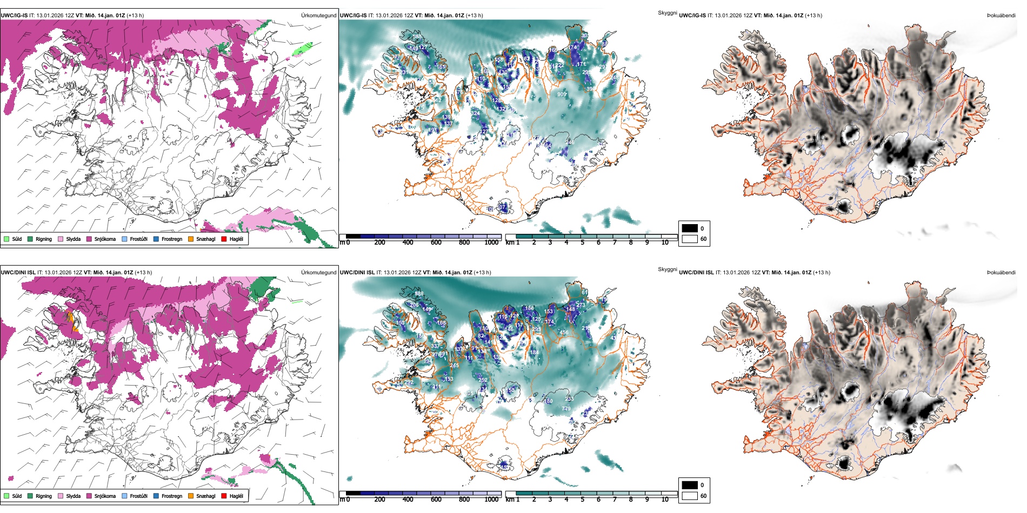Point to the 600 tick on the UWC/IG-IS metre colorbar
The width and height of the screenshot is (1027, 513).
[436, 242]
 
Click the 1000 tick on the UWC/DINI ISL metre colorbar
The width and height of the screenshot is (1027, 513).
[491, 500]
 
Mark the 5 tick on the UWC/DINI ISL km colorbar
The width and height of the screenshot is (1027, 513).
[583, 500]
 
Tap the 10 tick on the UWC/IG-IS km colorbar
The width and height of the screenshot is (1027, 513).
[665, 242]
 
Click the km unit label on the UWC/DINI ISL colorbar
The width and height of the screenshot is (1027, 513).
[510, 500]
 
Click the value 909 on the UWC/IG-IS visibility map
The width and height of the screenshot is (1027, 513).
[562, 94]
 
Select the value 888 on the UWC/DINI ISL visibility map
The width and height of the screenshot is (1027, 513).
[419, 294]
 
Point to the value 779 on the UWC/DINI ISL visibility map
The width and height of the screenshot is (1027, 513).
[566, 409]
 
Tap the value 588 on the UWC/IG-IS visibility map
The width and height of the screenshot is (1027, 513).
[417, 37]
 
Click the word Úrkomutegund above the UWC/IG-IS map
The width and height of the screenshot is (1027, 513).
[318, 16]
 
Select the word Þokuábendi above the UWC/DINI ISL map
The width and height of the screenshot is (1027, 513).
[1001, 273]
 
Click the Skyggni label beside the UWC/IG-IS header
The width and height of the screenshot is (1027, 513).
[667, 13]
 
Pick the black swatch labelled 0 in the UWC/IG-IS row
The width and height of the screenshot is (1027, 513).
[690, 228]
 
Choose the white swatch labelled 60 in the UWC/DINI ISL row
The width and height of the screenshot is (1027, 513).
[690, 496]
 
